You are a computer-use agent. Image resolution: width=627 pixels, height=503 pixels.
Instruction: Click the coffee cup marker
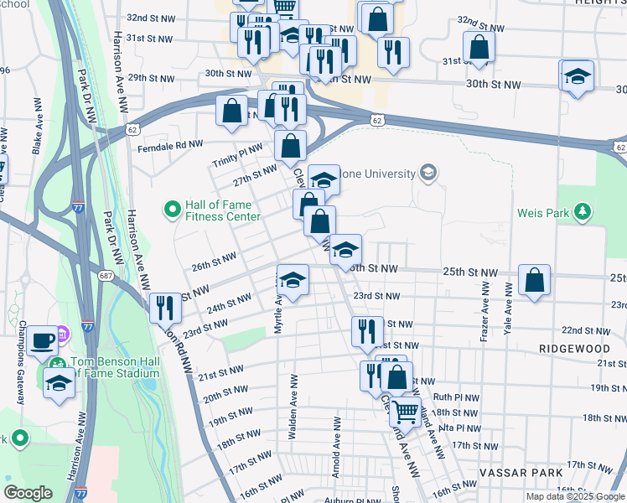[x=41, y=342]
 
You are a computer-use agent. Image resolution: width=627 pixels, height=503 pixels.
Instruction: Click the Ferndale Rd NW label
[x=170, y=145]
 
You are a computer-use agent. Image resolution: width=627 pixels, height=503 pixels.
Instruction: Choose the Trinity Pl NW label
[x=237, y=152]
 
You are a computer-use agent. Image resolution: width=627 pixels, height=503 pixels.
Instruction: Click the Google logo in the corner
[x=28, y=492]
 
